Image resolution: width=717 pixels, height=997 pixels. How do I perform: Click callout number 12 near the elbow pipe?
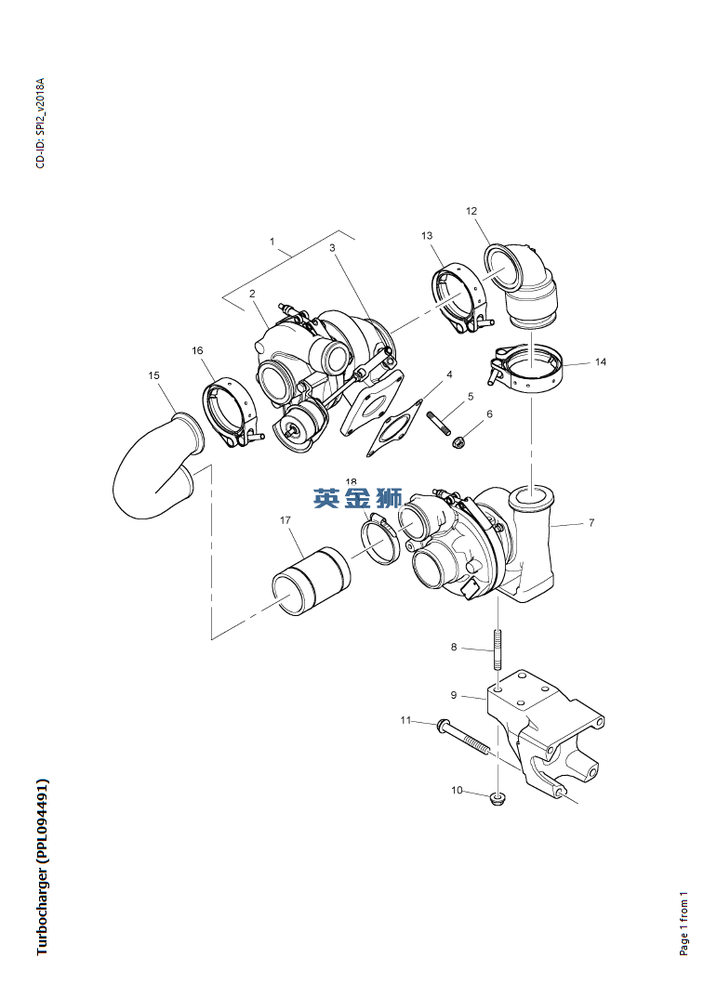click(x=471, y=212)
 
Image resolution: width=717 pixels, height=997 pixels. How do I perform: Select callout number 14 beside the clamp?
click(x=601, y=362)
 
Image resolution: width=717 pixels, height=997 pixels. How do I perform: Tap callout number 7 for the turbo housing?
click(x=591, y=523)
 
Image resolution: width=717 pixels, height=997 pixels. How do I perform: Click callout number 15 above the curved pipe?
click(x=153, y=375)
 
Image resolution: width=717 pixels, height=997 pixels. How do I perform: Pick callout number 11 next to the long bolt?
click(x=405, y=720)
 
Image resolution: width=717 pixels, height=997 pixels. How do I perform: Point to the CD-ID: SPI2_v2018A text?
click(x=40, y=124)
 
